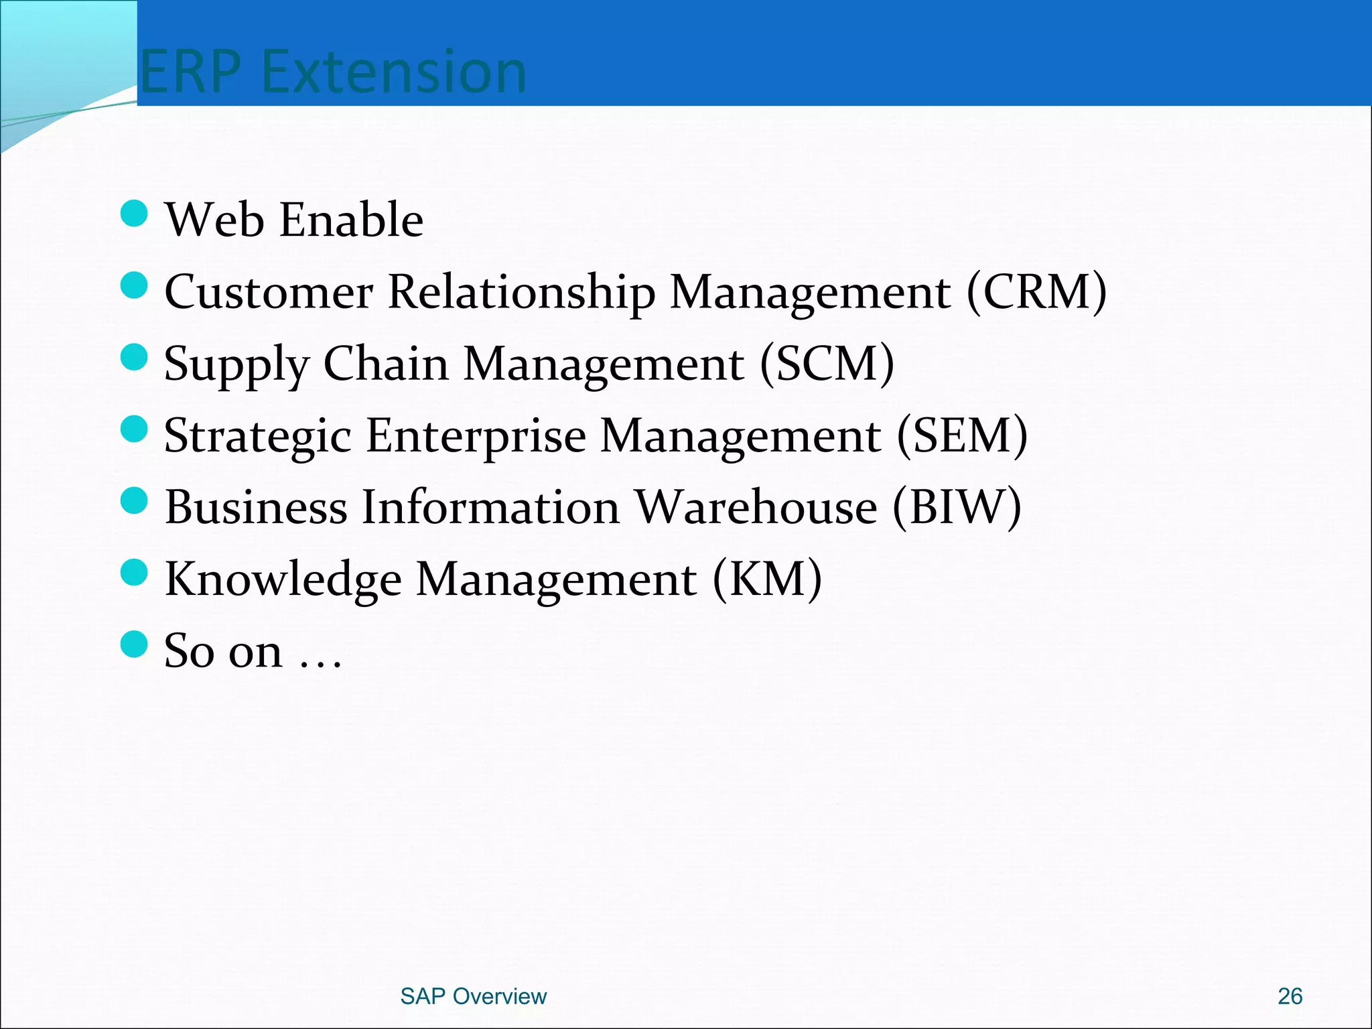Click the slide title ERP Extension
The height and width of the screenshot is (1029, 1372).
tap(333, 72)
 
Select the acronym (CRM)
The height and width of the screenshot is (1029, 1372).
tap(1036, 292)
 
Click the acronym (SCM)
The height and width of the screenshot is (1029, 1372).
tap(827, 364)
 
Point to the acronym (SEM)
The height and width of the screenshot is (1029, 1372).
tap(961, 435)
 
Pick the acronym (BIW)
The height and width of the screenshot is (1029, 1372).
tap(957, 507)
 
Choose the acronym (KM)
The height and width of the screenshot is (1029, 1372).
tap(766, 579)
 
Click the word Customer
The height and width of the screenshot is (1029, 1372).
tap(268, 292)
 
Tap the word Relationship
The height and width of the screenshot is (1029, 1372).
tap(521, 293)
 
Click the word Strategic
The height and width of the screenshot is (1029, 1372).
tap(258, 437)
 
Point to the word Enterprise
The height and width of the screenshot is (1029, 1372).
tap(476, 437)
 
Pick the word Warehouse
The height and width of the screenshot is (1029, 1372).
tap(756, 507)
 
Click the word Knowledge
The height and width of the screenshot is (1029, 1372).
tap(283, 580)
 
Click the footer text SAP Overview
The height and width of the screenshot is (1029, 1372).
tap(473, 996)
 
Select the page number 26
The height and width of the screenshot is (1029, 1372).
tap(1290, 996)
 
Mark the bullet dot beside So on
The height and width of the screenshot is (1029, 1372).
tap(134, 644)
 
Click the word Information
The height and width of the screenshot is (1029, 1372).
tap(490, 507)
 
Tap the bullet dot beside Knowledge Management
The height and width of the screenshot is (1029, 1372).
tap(134, 573)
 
